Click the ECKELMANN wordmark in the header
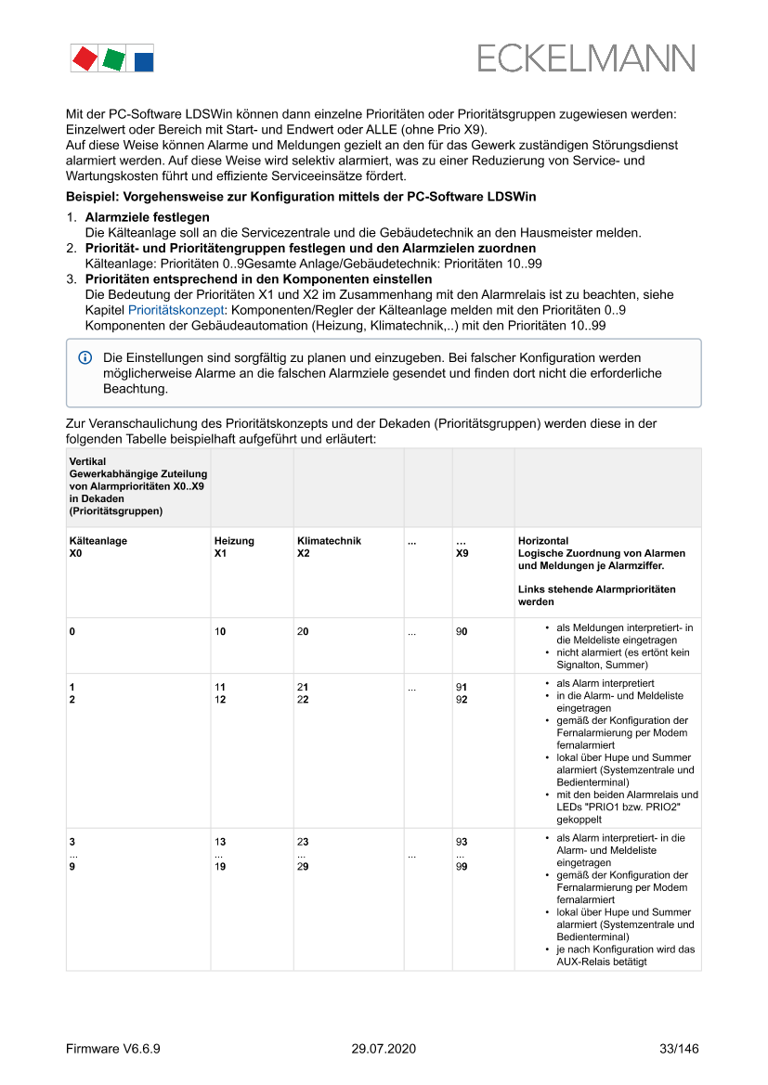tap(586, 58)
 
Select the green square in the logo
tap(114, 59)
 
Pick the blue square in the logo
tap(144, 62)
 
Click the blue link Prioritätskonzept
tap(174, 310)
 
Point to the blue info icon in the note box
tap(85, 357)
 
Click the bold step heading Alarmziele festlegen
tap(147, 217)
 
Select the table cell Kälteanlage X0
tap(98, 547)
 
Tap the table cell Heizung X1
tap(233, 547)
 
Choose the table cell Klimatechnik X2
tap(329, 547)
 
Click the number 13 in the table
tap(220, 842)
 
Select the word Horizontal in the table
tap(543, 541)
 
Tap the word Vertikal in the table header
tap(87, 461)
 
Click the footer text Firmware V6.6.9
tap(113, 1049)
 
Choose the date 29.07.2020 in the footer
tap(384, 1049)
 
